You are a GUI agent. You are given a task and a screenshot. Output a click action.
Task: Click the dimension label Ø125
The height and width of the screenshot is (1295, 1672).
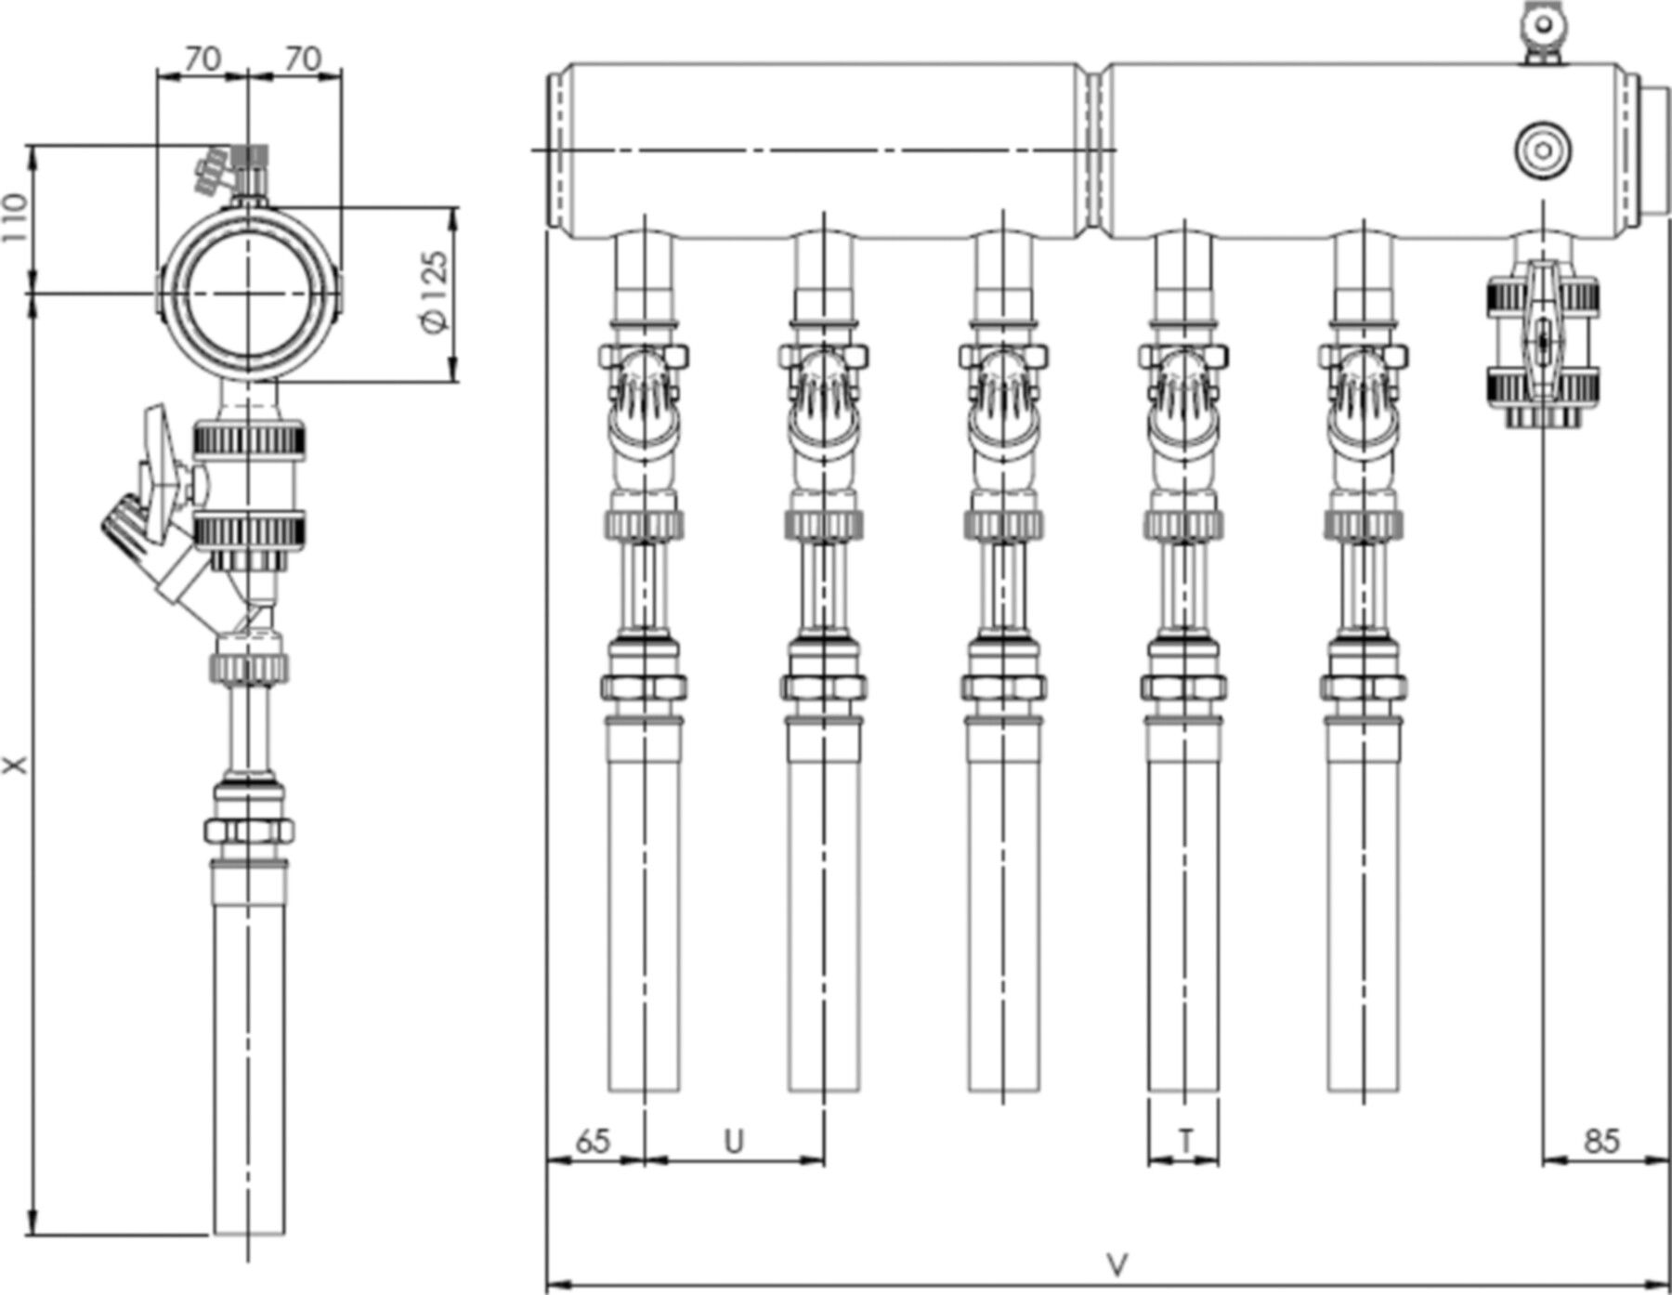pyautogui.click(x=435, y=293)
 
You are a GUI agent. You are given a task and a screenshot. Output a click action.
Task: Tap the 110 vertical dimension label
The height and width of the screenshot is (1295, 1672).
pyautogui.click(x=14, y=218)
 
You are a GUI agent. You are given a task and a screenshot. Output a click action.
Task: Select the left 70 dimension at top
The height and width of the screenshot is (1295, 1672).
pyautogui.click(x=202, y=59)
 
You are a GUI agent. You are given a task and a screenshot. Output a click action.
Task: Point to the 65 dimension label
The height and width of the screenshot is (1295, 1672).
pyautogui.click(x=593, y=1141)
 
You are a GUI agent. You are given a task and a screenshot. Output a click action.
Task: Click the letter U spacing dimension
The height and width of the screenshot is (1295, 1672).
pyautogui.click(x=734, y=1141)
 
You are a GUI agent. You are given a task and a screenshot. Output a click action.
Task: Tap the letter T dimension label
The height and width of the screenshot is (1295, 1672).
pyautogui.click(x=1185, y=1140)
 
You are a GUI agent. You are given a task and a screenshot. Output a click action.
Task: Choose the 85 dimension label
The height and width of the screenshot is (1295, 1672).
pyautogui.click(x=1600, y=1141)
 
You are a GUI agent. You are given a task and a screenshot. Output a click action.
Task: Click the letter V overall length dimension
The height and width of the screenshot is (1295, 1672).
pyautogui.click(x=1118, y=1264)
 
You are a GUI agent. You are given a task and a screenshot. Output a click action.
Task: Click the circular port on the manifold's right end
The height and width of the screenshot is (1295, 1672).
pyautogui.click(x=1543, y=150)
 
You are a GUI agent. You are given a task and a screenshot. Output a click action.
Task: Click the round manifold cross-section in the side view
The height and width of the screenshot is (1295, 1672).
pyautogui.click(x=248, y=293)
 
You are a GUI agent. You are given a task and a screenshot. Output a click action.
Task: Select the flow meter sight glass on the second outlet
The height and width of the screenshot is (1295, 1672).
pyautogui.click(x=823, y=585)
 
